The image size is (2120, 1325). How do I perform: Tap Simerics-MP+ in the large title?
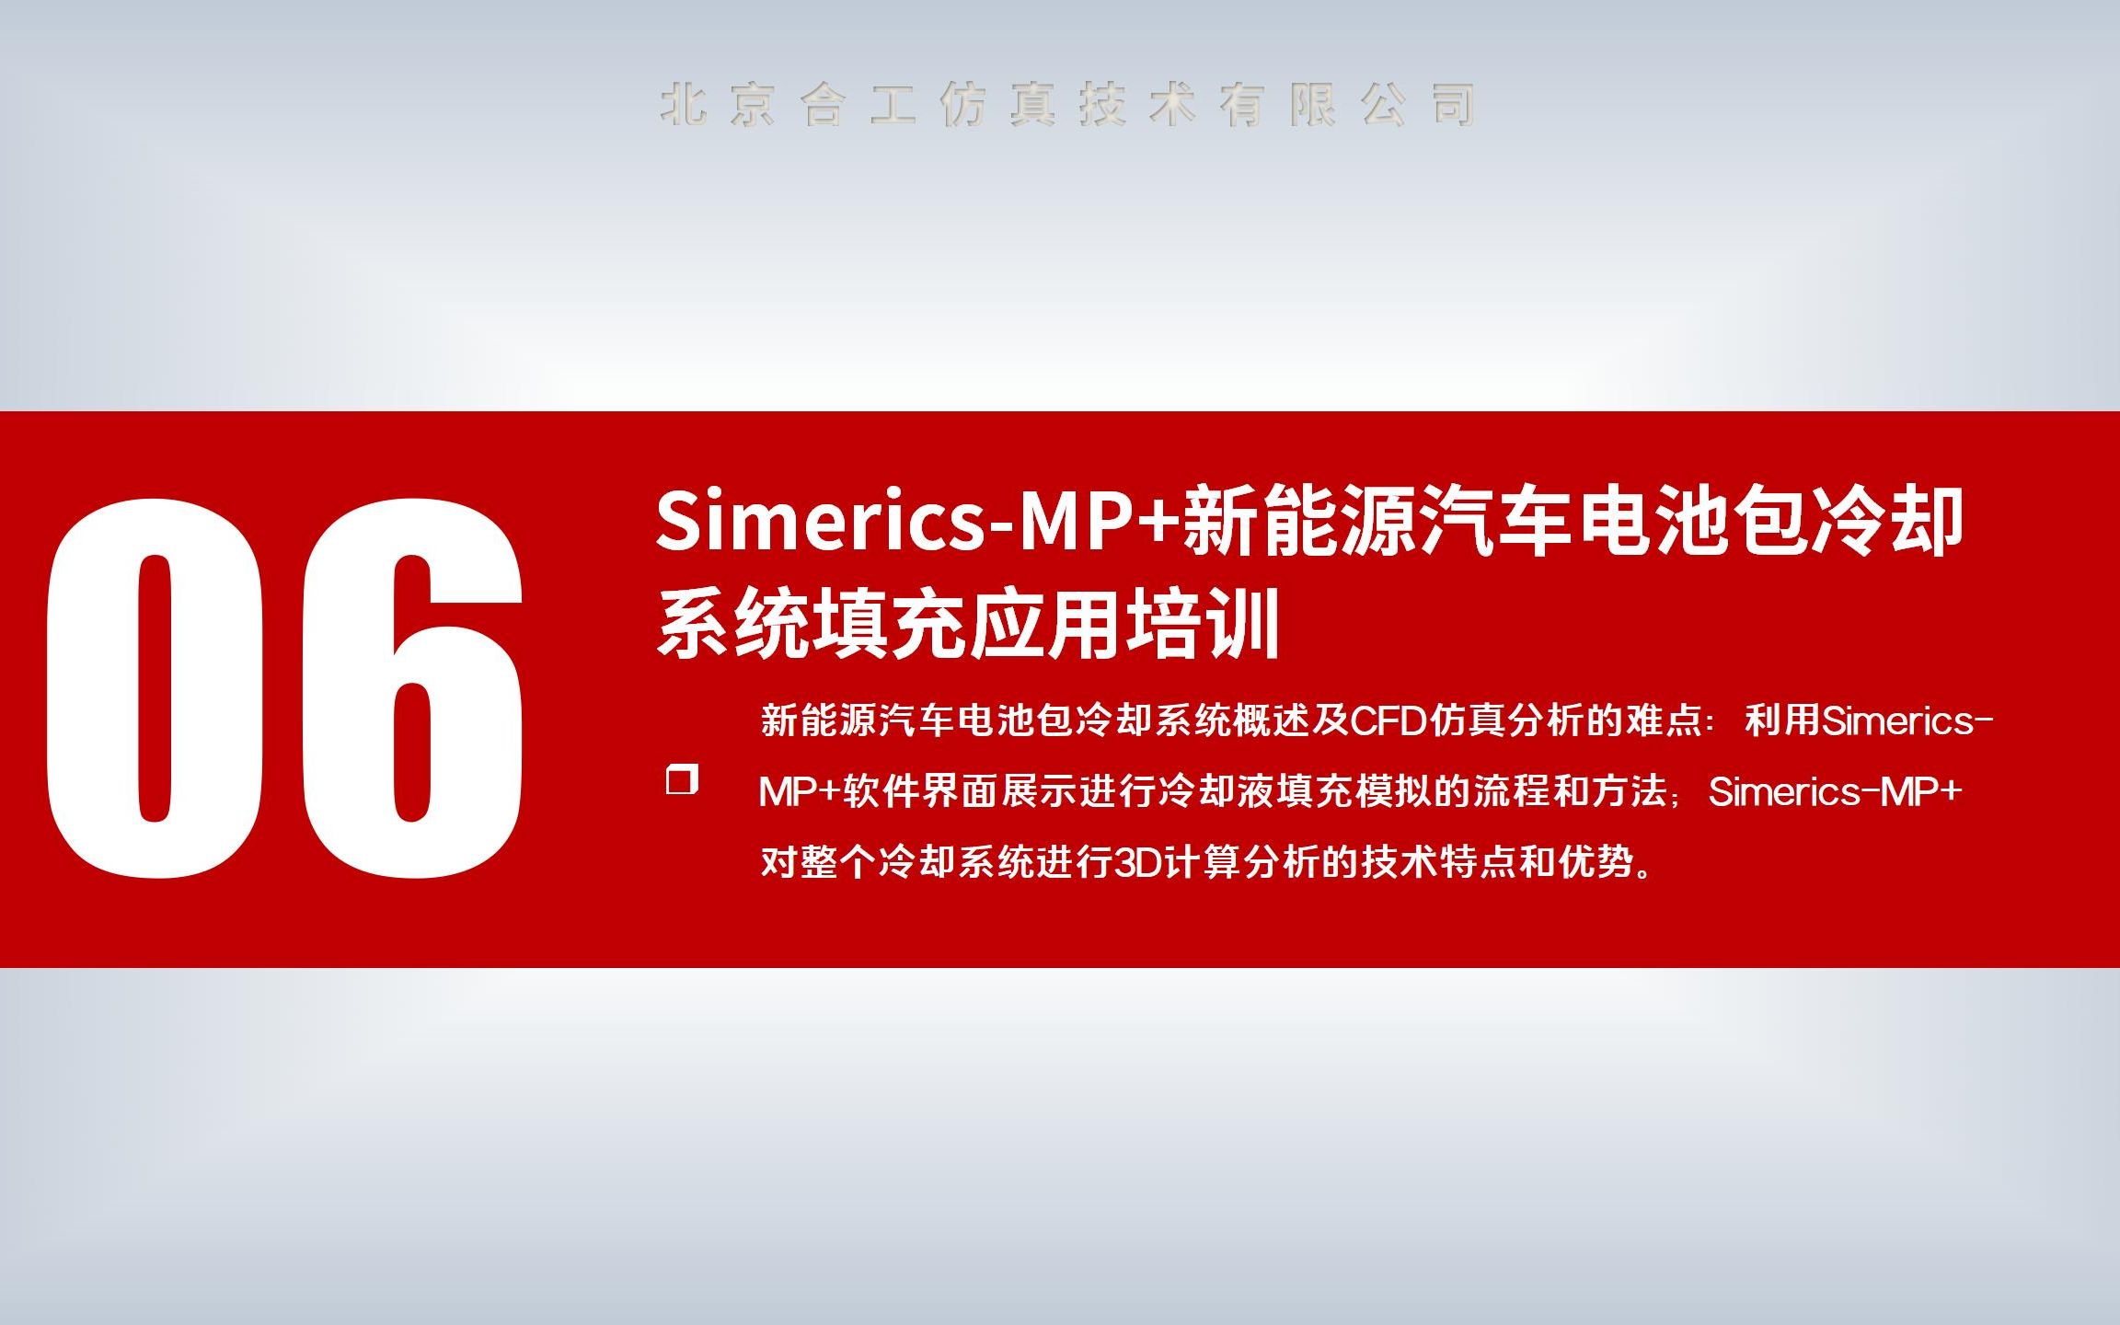916,523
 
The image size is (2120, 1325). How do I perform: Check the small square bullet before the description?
682,779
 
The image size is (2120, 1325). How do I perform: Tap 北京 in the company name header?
718,104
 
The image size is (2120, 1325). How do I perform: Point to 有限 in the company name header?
1278,104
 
